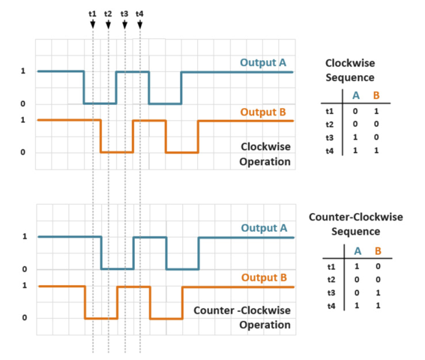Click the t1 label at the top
(x=92, y=13)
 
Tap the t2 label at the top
(x=108, y=13)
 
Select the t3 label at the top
(x=124, y=13)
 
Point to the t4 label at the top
(x=140, y=13)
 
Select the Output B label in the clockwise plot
(x=263, y=112)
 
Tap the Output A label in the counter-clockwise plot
(x=263, y=228)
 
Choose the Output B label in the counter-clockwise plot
(x=263, y=277)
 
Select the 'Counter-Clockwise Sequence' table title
(x=356, y=223)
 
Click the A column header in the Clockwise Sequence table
(x=355, y=94)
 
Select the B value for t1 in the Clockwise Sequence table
(x=377, y=109)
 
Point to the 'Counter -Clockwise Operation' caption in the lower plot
(x=242, y=317)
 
